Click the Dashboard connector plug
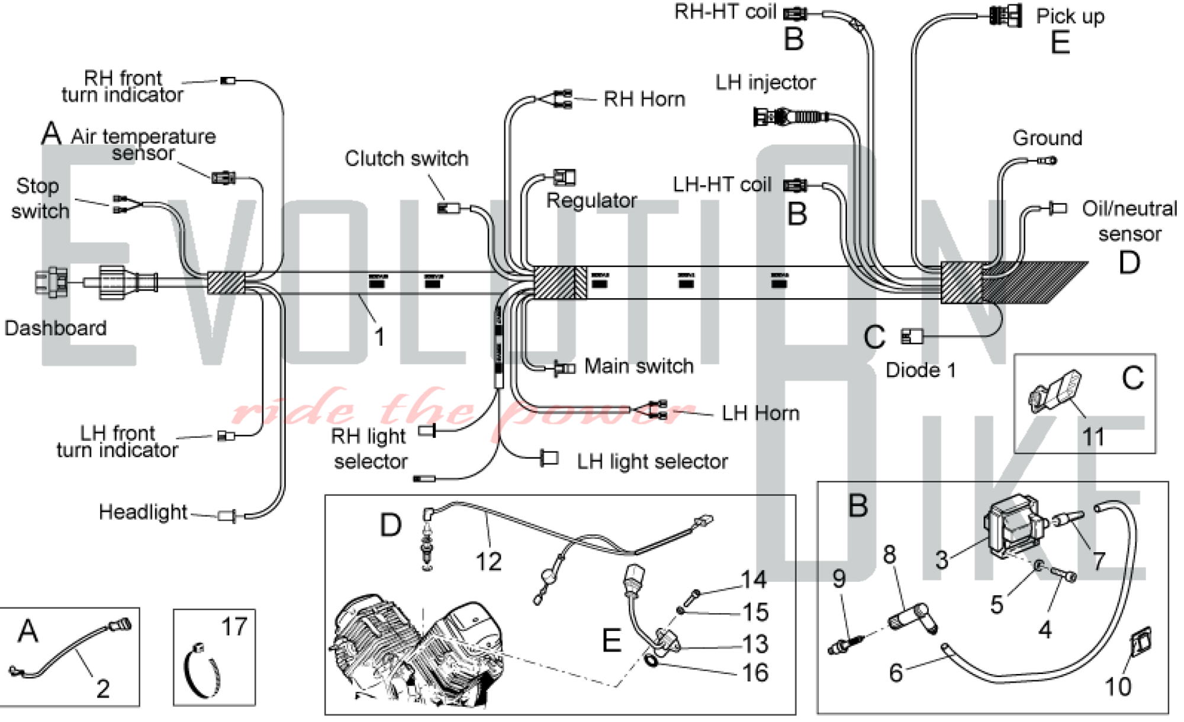coord(52,282)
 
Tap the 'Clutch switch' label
coord(406,159)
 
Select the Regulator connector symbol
coord(564,177)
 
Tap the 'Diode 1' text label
coord(921,370)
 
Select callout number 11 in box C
coord(1093,437)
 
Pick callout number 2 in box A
coord(103,688)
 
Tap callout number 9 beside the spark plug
coord(839,578)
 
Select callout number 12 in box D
coord(488,561)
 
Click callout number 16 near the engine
coord(755,673)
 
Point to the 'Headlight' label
coord(143,512)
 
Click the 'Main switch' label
coord(638,366)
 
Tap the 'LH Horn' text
coord(760,413)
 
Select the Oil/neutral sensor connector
coord(1057,208)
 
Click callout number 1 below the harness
coord(379,337)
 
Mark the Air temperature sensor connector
coord(224,177)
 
